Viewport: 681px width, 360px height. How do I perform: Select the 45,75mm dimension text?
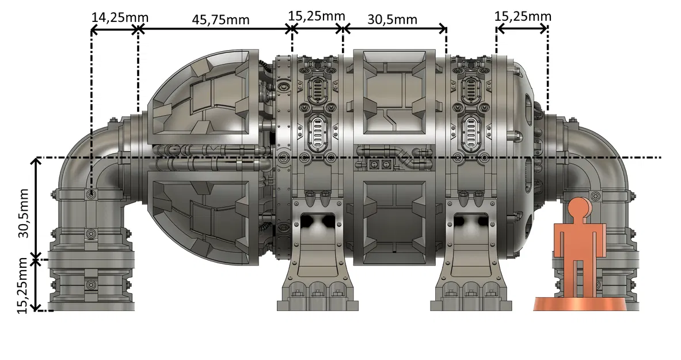(221, 20)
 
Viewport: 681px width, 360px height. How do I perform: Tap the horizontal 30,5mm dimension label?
(392, 20)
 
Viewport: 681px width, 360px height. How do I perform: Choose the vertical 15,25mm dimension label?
(22, 286)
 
